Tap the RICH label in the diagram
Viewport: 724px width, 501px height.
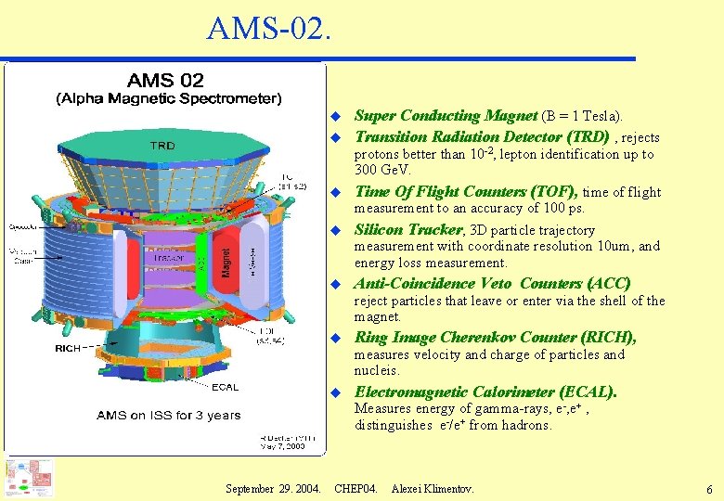point(68,349)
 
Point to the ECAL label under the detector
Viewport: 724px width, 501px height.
point(224,387)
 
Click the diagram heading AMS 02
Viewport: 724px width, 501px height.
point(165,82)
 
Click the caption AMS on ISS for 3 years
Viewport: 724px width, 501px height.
point(168,415)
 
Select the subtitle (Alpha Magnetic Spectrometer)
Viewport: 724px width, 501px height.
point(169,98)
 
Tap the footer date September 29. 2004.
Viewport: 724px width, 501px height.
point(274,487)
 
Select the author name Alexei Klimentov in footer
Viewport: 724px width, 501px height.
point(432,487)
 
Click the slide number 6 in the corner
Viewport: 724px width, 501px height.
point(708,488)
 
